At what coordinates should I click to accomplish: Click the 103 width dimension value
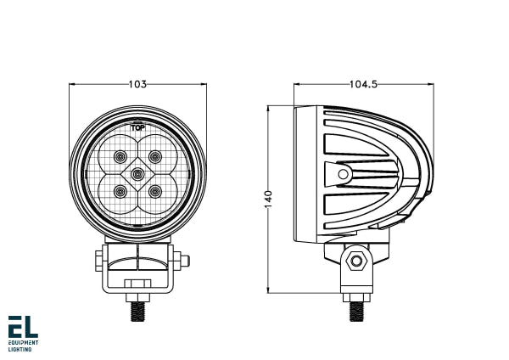[137, 84]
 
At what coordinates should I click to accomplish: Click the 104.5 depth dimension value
[363, 84]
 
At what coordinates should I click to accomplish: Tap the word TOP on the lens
[137, 127]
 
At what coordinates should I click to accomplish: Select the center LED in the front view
[137, 174]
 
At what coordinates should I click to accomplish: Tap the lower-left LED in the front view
[120, 192]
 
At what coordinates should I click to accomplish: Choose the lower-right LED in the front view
[155, 192]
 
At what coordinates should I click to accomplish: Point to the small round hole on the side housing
[343, 174]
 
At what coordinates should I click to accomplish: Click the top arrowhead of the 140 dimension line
[269, 109]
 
